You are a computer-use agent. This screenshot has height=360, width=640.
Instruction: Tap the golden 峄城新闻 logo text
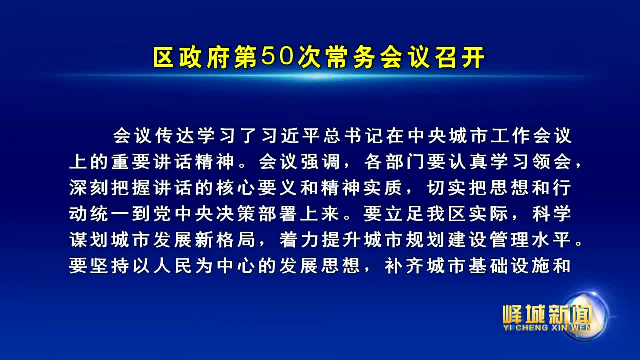(x=547, y=314)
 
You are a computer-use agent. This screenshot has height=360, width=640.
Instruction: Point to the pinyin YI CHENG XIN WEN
(x=547, y=328)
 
